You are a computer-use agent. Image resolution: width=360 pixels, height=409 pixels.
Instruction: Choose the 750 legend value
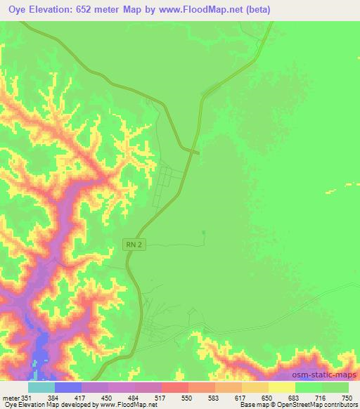346,397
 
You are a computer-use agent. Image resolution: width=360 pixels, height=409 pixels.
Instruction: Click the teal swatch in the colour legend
41,387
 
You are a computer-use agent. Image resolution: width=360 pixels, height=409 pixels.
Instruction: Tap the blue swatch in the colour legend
67,387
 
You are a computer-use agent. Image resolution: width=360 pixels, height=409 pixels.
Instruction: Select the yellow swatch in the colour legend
281,387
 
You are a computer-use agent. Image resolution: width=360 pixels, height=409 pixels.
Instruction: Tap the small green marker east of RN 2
204,233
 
